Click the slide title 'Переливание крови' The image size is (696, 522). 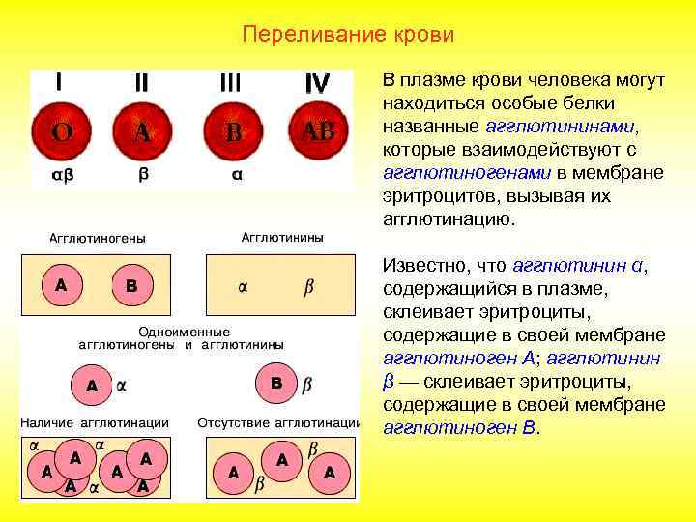tap(347, 35)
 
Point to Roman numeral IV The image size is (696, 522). tap(316, 84)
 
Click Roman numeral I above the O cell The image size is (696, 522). tap(60, 82)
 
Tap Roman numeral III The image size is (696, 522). tap(230, 83)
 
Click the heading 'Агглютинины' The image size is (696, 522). tap(282, 237)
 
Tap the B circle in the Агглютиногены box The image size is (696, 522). tap(132, 286)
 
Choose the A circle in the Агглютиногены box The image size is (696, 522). tap(61, 285)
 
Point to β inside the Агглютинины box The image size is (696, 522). tap(308, 286)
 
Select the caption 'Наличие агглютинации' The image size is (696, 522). tap(96, 422)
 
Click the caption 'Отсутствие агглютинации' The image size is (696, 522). tap(277, 422)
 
